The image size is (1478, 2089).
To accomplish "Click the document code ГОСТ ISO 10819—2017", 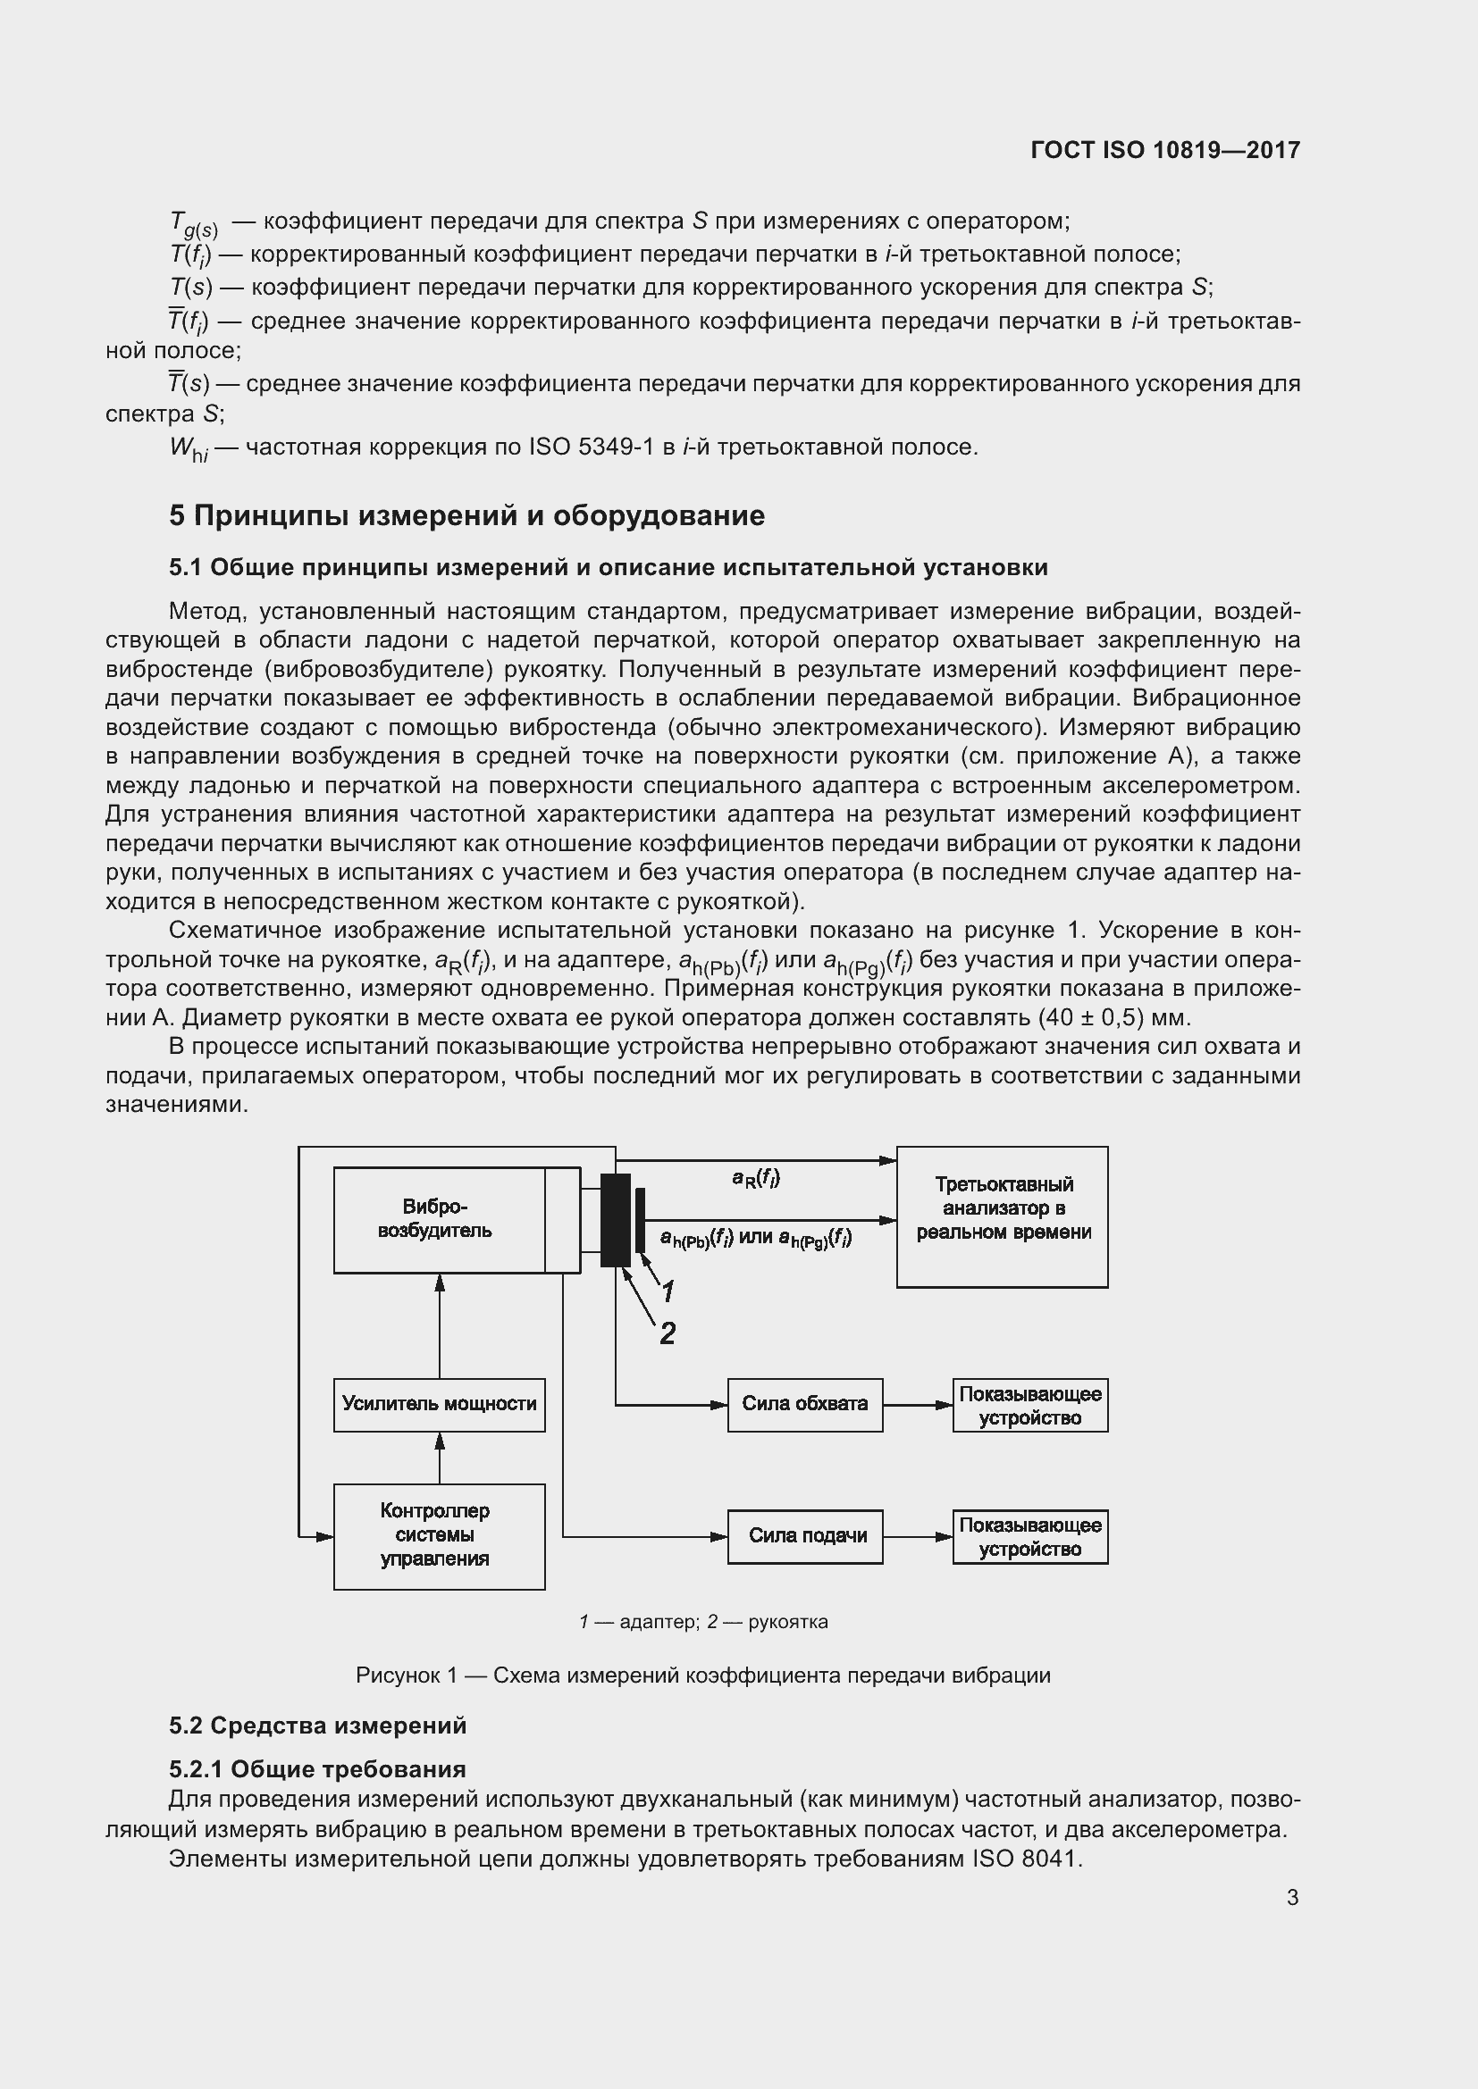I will click(x=1165, y=150).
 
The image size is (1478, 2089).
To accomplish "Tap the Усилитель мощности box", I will click(x=439, y=1404).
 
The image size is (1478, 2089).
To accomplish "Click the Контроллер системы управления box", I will click(x=439, y=1537).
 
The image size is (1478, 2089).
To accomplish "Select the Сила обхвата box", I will click(x=804, y=1404).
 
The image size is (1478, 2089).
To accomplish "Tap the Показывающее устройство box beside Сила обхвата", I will click(x=1030, y=1405).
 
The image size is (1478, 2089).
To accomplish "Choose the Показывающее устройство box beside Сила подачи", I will click(x=1030, y=1537).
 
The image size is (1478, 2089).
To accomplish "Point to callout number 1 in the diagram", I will click(x=668, y=1291).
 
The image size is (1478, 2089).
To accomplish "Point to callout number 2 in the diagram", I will click(x=668, y=1333).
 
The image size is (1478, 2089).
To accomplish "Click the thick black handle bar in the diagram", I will click(x=615, y=1219).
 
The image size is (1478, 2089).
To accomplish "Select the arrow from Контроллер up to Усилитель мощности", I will click(x=440, y=1458).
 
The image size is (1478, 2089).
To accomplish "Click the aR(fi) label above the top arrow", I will click(x=755, y=1178).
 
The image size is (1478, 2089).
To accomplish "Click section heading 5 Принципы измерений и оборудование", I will click(x=466, y=516).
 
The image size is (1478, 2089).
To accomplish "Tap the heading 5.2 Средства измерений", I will click(x=317, y=1726).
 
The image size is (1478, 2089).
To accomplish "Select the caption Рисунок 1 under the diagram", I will click(x=702, y=1675).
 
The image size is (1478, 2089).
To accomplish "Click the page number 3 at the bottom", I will click(x=1292, y=1897).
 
